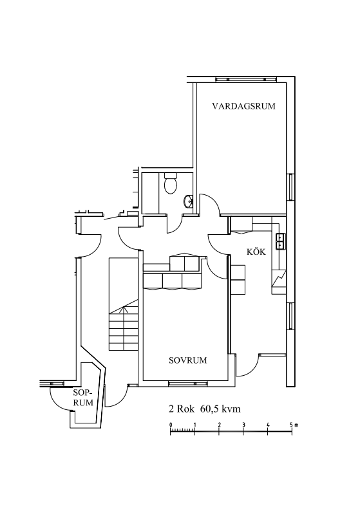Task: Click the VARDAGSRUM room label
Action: pyautogui.click(x=243, y=106)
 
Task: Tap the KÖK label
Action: pyautogui.click(x=256, y=251)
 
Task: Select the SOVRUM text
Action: pyautogui.click(x=188, y=360)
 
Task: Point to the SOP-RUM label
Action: pyautogui.click(x=83, y=398)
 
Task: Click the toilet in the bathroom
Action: pyautogui.click(x=171, y=183)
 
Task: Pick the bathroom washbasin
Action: pyautogui.click(x=189, y=201)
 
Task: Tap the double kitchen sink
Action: pyautogui.click(x=280, y=241)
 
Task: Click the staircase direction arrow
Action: pyautogui.click(x=124, y=310)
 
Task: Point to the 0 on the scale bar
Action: pyautogui.click(x=171, y=425)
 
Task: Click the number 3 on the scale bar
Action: pyautogui.click(x=243, y=425)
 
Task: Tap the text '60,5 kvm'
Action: pyautogui.click(x=221, y=409)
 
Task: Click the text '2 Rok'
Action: pyautogui.click(x=182, y=409)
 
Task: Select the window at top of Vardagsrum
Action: pyautogui.click(x=246, y=79)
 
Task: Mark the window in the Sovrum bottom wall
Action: pyautogui.click(x=188, y=384)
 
